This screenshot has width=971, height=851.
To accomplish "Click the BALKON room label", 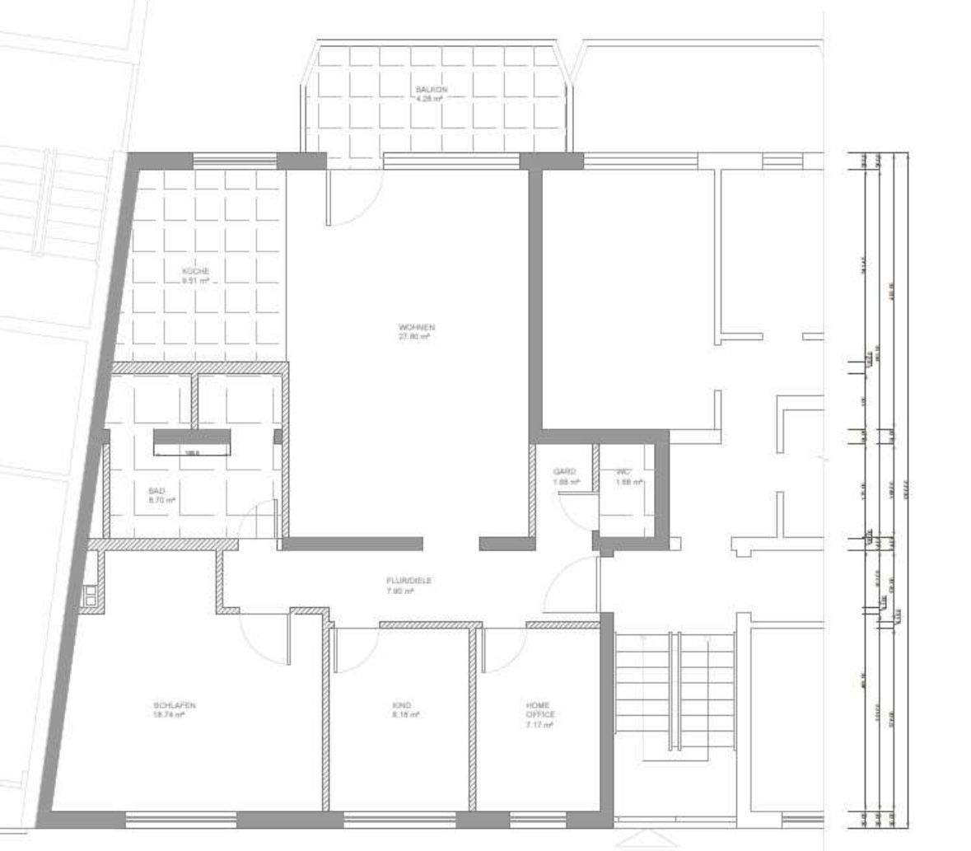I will pyautogui.click(x=431, y=88).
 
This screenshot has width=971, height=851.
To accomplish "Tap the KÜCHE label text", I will pyautogui.click(x=196, y=271).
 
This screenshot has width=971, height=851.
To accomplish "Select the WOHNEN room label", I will pyautogui.click(x=416, y=327).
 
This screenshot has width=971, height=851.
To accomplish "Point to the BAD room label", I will pyautogui.click(x=157, y=490).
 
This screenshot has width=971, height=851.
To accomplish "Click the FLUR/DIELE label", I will pyautogui.click(x=408, y=580).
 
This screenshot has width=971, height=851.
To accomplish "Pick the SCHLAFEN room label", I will pyautogui.click(x=174, y=705).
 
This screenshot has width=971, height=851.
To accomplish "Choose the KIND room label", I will pyautogui.click(x=402, y=705).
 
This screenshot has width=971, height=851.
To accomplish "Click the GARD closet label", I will pyautogui.click(x=565, y=471).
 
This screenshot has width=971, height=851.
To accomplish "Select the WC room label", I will pyautogui.click(x=623, y=471).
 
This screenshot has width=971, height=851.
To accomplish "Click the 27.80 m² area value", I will pyautogui.click(x=416, y=337).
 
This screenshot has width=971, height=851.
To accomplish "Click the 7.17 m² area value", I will pyautogui.click(x=540, y=725).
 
